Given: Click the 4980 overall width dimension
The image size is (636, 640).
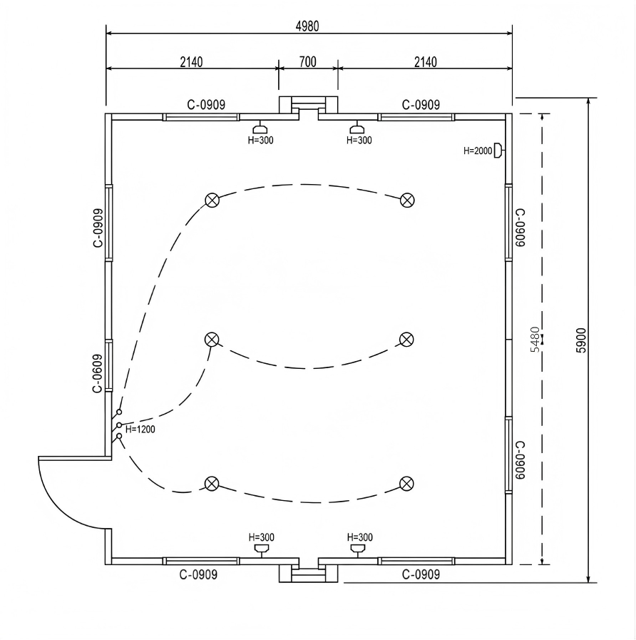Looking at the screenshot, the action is pyautogui.click(x=307, y=26).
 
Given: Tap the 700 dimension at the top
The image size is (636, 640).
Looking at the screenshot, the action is pyautogui.click(x=307, y=62).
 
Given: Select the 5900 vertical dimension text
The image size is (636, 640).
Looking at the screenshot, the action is pyautogui.click(x=581, y=340).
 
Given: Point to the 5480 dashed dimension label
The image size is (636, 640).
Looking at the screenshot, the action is pyautogui.click(x=535, y=339).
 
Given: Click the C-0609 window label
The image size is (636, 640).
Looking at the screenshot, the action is pyautogui.click(x=98, y=373).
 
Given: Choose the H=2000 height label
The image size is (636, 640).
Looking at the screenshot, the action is pyautogui.click(x=478, y=151).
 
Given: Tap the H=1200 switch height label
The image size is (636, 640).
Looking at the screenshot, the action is pyautogui.click(x=140, y=430).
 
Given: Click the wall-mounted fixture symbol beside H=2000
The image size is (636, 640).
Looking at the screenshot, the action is pyautogui.click(x=498, y=151).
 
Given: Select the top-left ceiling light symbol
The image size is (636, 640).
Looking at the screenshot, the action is pyautogui.click(x=212, y=200).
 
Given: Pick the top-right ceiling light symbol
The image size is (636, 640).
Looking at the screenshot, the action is pyautogui.click(x=406, y=200).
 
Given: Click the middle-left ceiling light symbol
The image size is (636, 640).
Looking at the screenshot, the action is pyautogui.click(x=212, y=339).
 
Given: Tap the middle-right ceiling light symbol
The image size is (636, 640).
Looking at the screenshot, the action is pyautogui.click(x=406, y=339).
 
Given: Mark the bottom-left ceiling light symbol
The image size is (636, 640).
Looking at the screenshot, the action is pyautogui.click(x=211, y=483).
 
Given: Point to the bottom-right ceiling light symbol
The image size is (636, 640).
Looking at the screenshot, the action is pyautogui.click(x=406, y=483).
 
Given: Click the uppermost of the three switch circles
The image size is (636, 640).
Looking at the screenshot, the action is pyautogui.click(x=119, y=412).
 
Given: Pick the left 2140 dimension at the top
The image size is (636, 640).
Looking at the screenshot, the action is pyautogui.click(x=191, y=62).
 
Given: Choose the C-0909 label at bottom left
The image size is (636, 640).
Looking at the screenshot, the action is pyautogui.click(x=198, y=574).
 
